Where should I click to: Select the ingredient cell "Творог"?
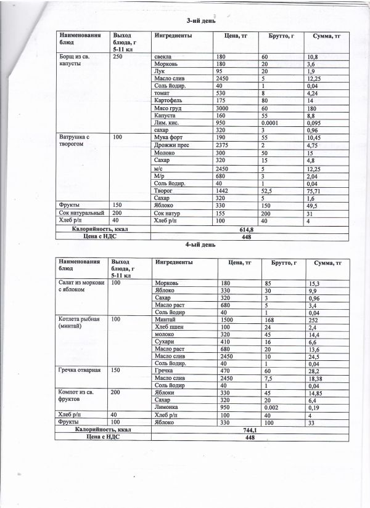pos(163,192)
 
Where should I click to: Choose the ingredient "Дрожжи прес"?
pos(171,145)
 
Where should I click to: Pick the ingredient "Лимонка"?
pos(168,407)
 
